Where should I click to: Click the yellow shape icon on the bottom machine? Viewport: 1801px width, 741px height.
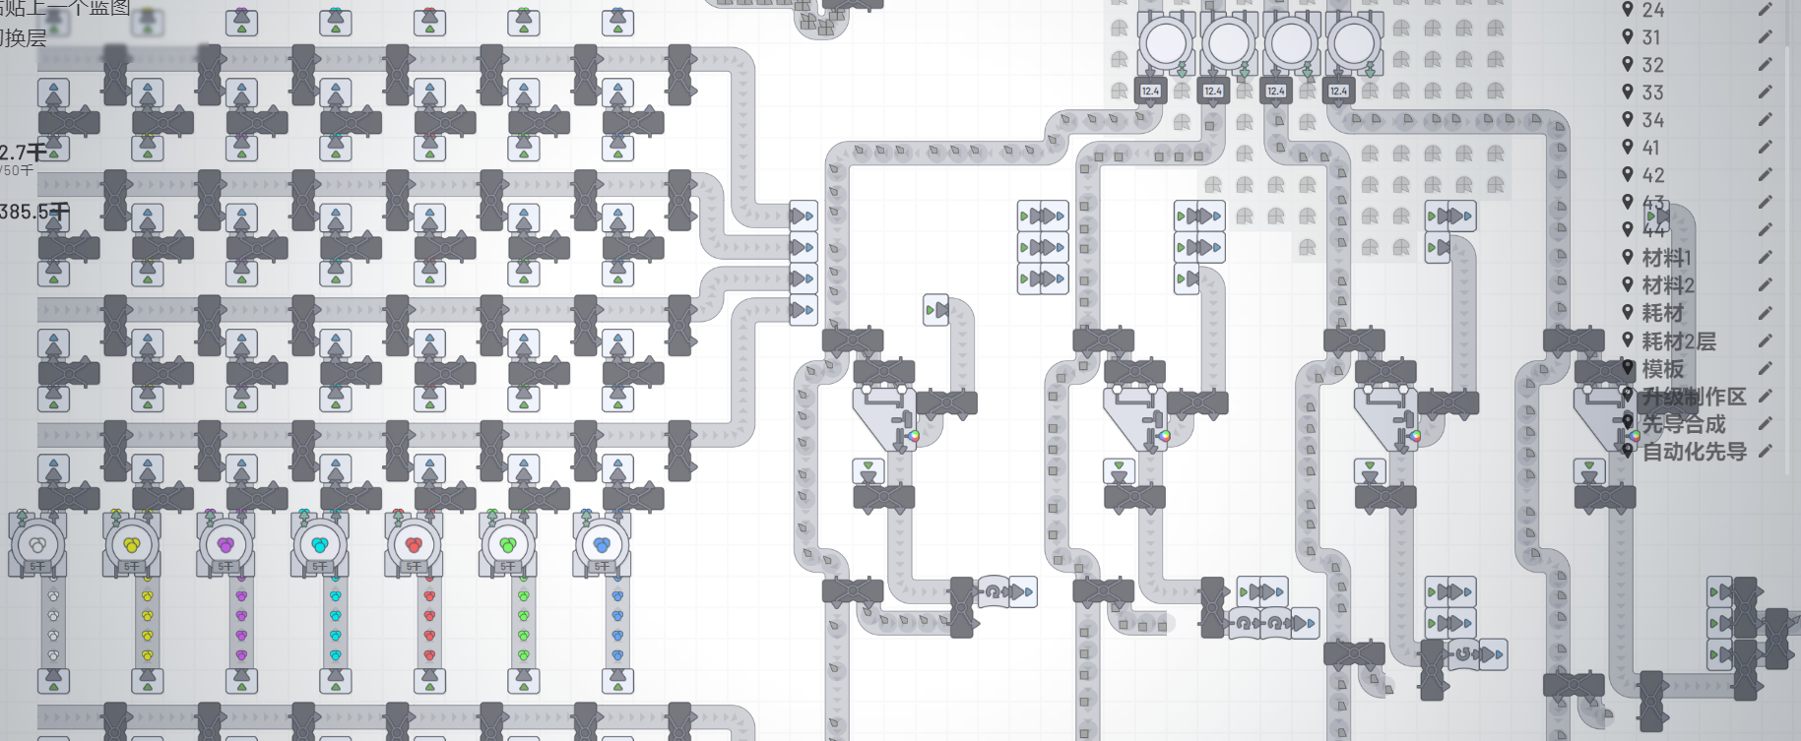click(132, 544)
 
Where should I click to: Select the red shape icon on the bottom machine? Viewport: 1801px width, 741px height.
click(414, 544)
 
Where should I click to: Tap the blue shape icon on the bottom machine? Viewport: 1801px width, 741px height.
click(602, 544)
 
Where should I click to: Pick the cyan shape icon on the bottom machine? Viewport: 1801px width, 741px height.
click(320, 544)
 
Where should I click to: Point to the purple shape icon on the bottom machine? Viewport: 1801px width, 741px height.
click(225, 544)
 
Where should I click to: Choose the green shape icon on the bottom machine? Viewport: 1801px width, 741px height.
click(508, 544)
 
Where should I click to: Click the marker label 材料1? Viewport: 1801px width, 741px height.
click(1666, 258)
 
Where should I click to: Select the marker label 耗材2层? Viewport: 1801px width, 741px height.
click(1679, 341)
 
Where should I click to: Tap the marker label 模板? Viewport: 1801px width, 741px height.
click(1663, 369)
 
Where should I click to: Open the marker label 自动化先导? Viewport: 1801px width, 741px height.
click(1694, 452)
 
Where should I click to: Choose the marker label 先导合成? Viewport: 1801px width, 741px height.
click(1684, 424)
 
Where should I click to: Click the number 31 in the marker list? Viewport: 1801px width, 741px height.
click(1651, 37)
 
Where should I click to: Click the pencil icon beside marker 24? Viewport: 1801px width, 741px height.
click(1765, 10)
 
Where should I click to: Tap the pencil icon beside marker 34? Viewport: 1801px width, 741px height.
click(1765, 120)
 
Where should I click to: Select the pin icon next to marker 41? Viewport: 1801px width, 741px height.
click(1628, 148)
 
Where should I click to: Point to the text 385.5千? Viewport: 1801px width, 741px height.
click(33, 212)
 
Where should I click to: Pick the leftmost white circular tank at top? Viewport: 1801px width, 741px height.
click(1166, 42)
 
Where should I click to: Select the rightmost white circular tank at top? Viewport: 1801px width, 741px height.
click(1353, 42)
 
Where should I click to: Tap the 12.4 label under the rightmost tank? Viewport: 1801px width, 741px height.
click(1338, 92)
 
